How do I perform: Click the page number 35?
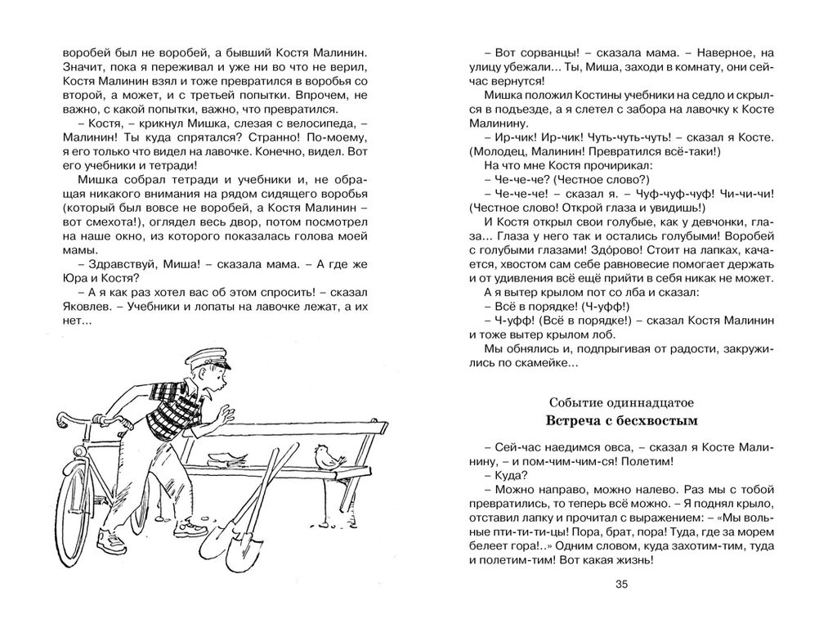(620, 583)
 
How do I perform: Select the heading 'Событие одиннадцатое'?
(620, 402)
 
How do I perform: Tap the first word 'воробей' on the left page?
(85, 51)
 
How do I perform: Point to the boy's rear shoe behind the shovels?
(194, 528)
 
